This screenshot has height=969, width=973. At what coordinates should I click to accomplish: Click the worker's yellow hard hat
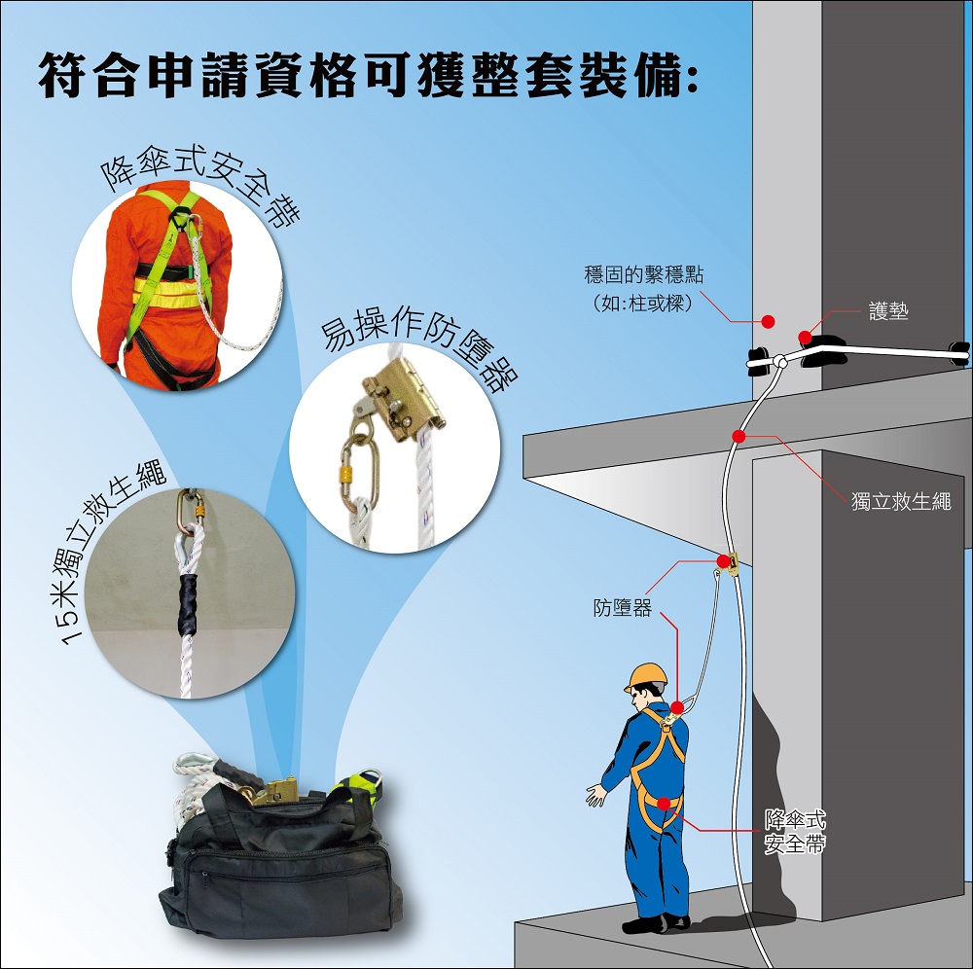[x=647, y=677]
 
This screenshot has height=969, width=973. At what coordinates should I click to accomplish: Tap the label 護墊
[x=888, y=310]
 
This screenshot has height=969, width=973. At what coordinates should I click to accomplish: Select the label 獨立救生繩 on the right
[x=900, y=501]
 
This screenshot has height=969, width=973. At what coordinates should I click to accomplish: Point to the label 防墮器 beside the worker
[x=623, y=607]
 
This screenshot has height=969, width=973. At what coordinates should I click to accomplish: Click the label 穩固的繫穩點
[x=643, y=274]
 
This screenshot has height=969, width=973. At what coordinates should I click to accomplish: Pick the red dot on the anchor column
[x=769, y=321]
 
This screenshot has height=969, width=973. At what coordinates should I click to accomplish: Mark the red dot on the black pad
[x=805, y=338]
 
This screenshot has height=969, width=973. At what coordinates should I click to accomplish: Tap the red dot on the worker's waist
[x=664, y=804]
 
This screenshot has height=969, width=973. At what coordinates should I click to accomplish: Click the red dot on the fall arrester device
[x=723, y=561]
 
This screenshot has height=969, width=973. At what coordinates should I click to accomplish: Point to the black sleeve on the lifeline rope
[x=188, y=605]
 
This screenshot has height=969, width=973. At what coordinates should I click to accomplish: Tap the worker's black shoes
[x=656, y=923]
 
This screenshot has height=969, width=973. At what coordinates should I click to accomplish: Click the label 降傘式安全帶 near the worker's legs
[x=795, y=832]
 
